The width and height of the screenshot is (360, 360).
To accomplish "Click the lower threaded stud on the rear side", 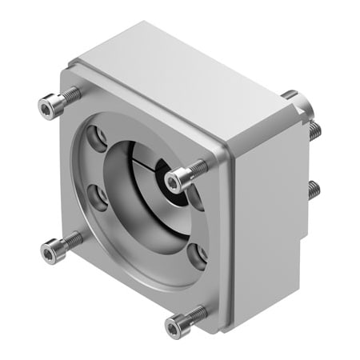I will tap(314, 190).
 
